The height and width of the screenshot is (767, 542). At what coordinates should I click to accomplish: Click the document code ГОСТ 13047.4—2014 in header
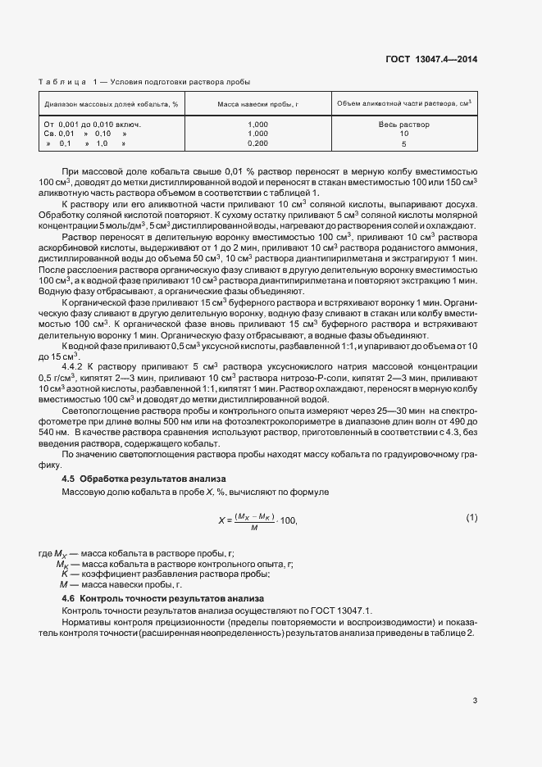click(431, 58)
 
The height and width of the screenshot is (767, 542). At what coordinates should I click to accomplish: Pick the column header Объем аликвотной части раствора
click(403, 103)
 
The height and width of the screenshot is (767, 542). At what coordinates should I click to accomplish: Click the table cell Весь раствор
click(403, 125)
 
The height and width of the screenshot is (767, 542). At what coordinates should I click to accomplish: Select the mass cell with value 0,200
click(257, 143)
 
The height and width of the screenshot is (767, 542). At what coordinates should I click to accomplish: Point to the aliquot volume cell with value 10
click(403, 134)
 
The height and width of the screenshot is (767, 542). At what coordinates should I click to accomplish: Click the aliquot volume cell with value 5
click(403, 143)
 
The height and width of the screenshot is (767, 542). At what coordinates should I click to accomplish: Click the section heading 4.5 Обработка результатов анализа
click(144, 478)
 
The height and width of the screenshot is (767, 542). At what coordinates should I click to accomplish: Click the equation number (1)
click(471, 518)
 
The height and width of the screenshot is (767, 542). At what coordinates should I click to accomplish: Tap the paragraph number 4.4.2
click(75, 366)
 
